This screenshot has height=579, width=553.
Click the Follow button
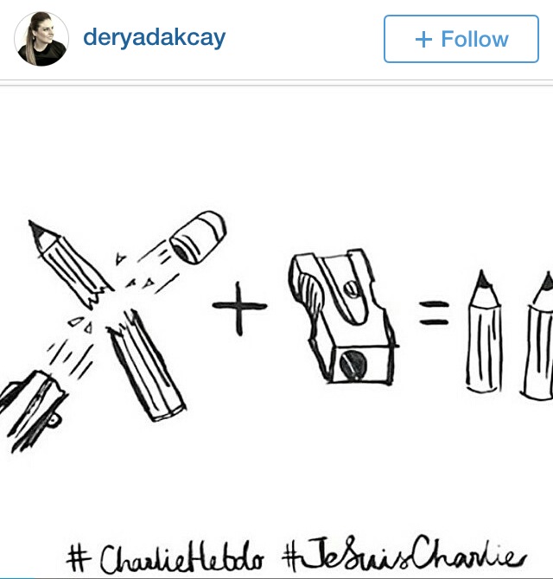tap(461, 39)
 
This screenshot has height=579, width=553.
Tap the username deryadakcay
tap(155, 38)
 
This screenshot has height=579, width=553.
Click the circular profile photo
tap(41, 39)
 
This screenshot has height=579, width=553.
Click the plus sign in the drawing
tap(239, 308)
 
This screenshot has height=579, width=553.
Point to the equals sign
tap(434, 313)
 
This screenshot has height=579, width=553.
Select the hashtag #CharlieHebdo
tap(165, 557)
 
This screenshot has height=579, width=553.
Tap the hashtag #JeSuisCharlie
tap(404, 554)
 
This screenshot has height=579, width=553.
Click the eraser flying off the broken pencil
tap(198, 237)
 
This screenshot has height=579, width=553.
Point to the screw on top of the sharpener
tap(351, 289)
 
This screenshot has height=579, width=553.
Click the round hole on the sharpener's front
tap(353, 364)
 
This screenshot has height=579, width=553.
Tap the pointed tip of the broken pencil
tap(31, 223)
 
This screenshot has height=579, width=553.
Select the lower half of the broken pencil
tap(146, 366)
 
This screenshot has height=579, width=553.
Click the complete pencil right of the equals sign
tap(484, 332)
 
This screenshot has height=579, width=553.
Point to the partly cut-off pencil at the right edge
tap(537, 336)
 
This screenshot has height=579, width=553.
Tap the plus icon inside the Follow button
tap(423, 39)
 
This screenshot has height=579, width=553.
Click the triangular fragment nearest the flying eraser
tap(120, 258)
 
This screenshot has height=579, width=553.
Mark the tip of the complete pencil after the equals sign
tap(482, 271)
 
